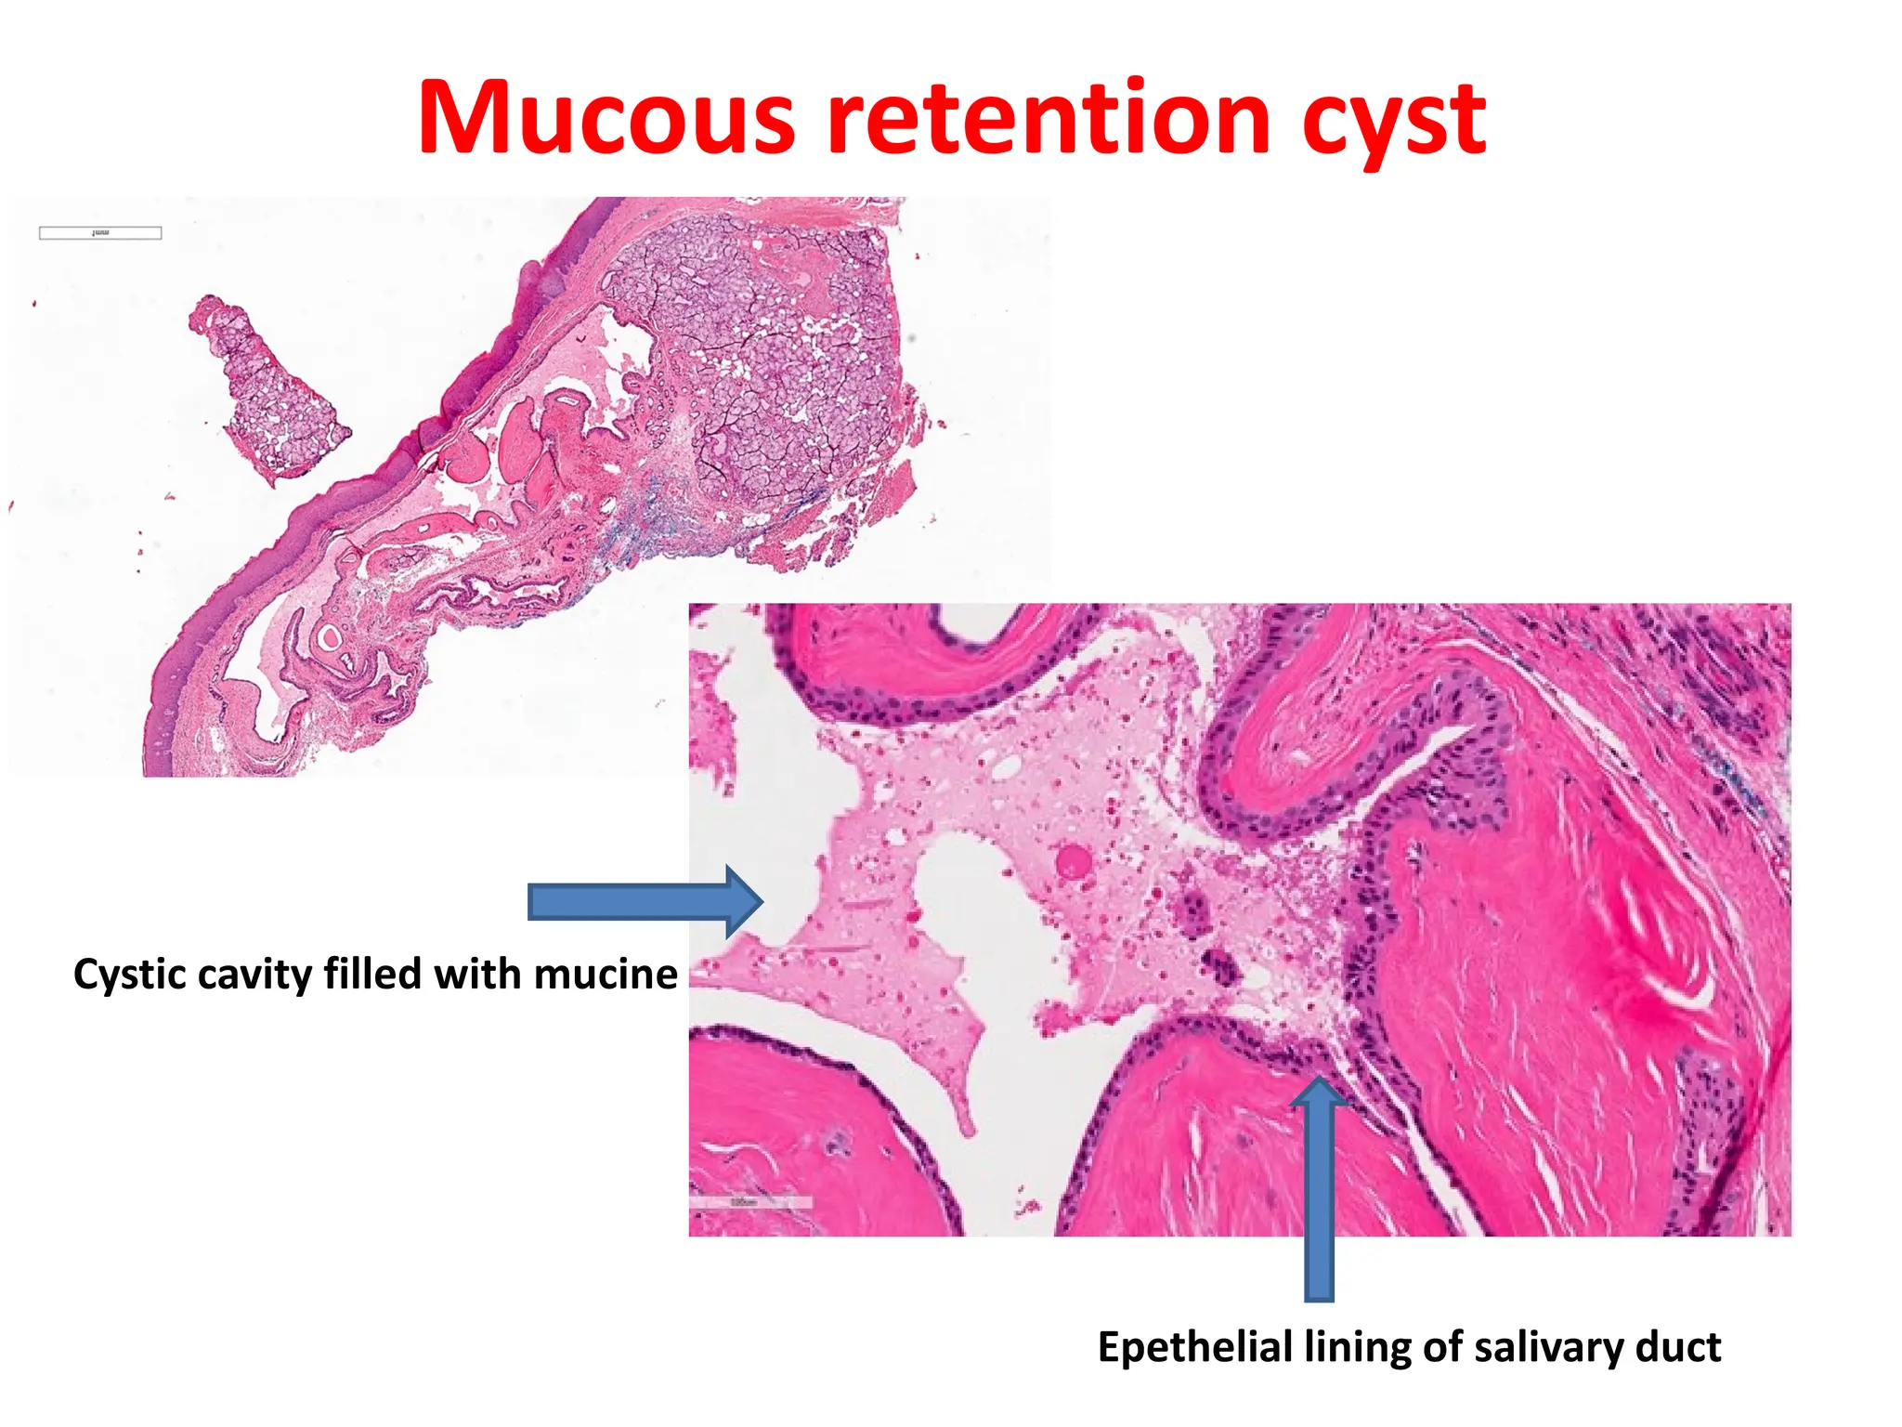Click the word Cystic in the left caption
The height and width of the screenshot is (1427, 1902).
(x=129, y=975)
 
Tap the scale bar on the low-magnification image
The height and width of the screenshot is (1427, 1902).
(x=100, y=233)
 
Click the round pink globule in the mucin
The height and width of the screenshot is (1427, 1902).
(x=1075, y=861)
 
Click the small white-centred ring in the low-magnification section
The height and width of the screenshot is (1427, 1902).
(x=329, y=637)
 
